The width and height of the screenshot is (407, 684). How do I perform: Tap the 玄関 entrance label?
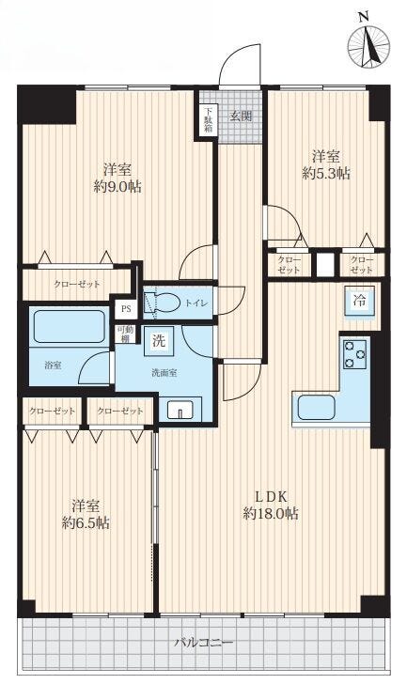242,117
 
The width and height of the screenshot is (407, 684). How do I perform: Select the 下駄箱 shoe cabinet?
208,120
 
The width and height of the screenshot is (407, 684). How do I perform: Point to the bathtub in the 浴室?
70,326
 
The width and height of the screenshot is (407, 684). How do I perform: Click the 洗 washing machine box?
159,340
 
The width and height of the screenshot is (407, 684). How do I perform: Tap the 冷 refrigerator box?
360,301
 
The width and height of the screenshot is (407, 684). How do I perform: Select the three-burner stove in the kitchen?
354,354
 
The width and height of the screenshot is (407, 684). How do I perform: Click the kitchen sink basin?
317,408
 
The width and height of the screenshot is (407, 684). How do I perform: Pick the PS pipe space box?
126,309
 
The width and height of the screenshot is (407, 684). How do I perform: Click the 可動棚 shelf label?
125,334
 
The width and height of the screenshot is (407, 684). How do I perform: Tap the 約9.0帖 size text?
117,187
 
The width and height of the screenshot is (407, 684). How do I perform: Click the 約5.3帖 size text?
326,174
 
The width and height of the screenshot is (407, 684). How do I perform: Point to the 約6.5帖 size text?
86,522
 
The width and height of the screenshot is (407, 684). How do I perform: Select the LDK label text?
271,496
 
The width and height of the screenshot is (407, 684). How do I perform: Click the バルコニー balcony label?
204,643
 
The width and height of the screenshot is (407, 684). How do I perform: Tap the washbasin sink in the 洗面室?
180,410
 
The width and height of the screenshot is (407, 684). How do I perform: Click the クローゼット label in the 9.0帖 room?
77,284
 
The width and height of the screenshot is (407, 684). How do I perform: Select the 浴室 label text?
53,365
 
